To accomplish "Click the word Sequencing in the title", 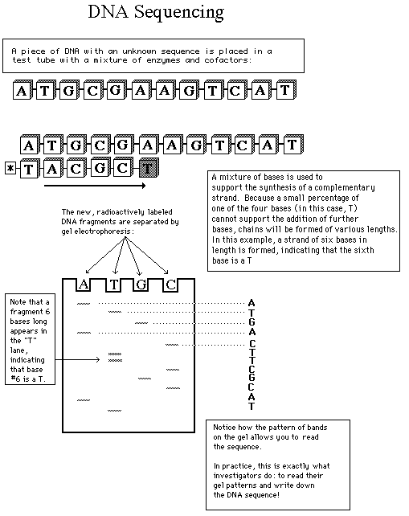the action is tap(179, 13).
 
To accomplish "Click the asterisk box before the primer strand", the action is tap(10, 169).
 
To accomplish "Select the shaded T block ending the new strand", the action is tap(149, 168).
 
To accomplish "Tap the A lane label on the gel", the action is tap(84, 285).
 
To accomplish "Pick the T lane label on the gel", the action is tap(114, 285).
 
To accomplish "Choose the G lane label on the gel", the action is tap(141, 285).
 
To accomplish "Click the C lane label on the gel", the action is tap(171, 285).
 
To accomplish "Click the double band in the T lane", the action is tap(115, 358).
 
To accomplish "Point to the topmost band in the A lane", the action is tap(84, 304).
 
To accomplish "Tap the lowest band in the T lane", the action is tap(115, 411).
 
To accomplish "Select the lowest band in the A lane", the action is tap(84, 400).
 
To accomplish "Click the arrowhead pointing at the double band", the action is tap(97, 360).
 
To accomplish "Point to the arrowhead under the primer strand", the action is tap(143, 186).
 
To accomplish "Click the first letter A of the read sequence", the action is tap(252, 303).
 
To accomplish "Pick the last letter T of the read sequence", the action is tap(252, 406).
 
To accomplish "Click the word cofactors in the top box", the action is tap(227, 60).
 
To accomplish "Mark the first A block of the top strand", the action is tap(22, 90).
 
